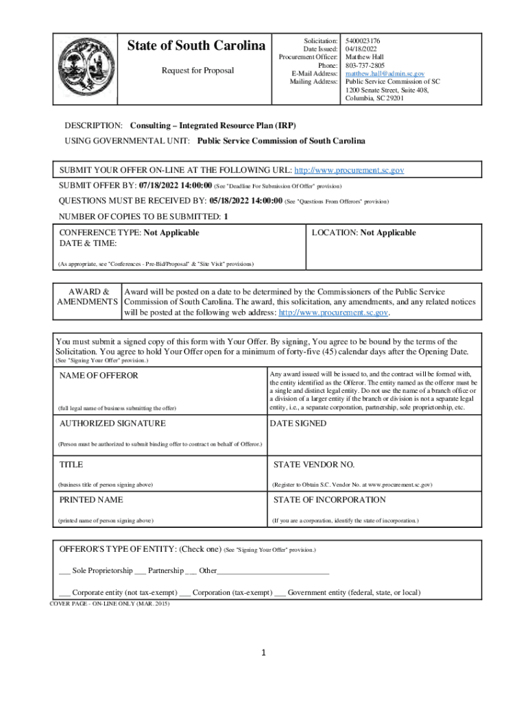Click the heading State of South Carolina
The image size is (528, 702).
click(x=196, y=46)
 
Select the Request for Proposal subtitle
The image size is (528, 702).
click(x=197, y=71)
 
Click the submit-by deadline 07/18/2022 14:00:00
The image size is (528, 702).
click(x=175, y=186)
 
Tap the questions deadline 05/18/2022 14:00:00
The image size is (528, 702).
click(x=245, y=201)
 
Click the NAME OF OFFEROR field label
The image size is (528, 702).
click(x=99, y=376)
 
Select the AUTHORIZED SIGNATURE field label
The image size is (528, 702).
click(x=112, y=424)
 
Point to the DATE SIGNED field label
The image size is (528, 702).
click(x=298, y=424)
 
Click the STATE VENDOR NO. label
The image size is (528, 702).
click(x=313, y=465)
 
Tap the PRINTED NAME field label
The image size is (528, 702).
click(x=91, y=500)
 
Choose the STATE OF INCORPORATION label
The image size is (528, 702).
click(x=329, y=500)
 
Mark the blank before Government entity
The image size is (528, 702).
click(x=280, y=593)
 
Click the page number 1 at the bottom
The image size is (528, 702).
click(x=264, y=653)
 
